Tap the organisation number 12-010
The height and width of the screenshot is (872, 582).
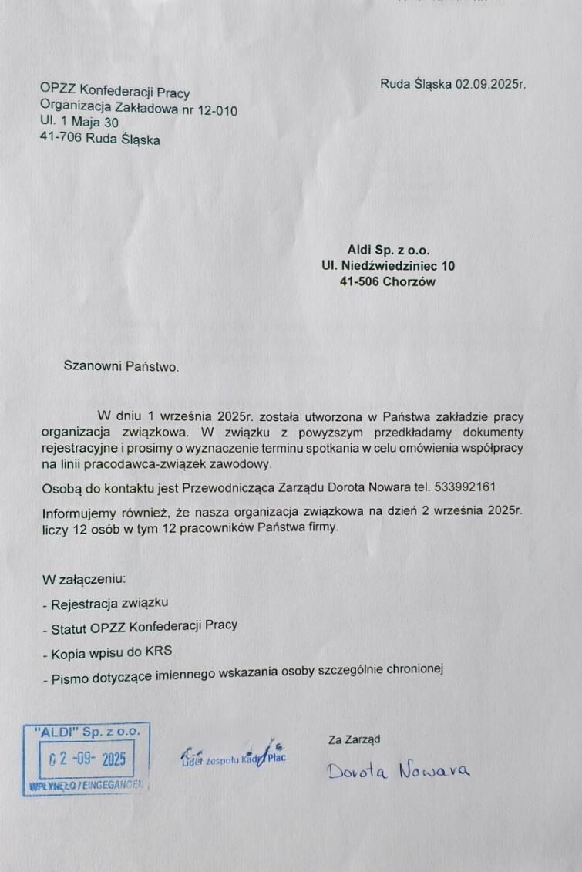(217, 110)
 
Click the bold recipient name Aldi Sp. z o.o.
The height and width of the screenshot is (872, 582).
(389, 250)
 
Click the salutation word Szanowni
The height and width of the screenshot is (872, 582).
(88, 365)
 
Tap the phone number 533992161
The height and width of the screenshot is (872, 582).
(461, 487)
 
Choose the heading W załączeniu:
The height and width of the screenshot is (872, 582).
(83, 578)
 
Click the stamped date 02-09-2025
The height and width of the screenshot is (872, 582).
(86, 759)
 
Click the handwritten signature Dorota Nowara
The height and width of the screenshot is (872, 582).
(398, 769)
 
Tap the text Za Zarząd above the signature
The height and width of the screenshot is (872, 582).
(354, 739)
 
